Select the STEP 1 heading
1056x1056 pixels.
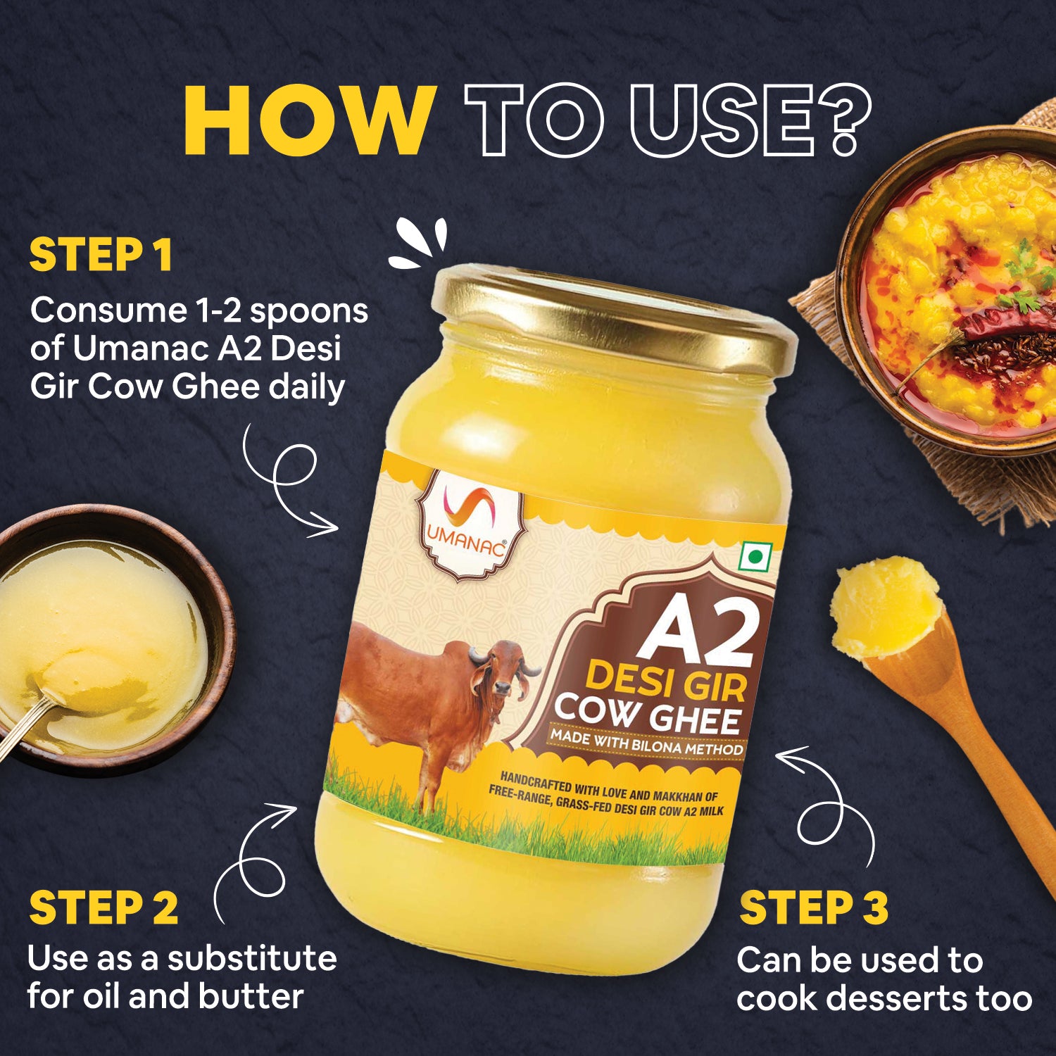(101, 255)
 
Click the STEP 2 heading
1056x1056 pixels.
(103, 907)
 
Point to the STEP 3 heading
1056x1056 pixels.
(814, 907)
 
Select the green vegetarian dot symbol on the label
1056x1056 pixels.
(755, 558)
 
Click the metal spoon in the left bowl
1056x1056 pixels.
(28, 722)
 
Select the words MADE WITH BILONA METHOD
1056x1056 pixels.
(646, 742)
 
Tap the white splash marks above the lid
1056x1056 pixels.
(420, 243)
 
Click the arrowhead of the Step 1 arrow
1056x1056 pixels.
(324, 524)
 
